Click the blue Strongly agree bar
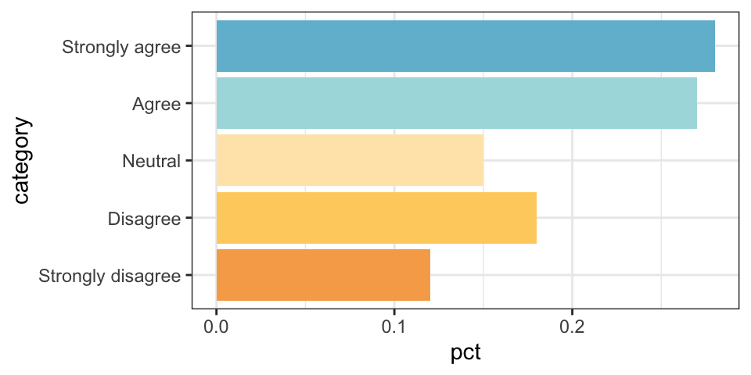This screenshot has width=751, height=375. click(x=465, y=46)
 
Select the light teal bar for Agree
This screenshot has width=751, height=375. click(x=456, y=103)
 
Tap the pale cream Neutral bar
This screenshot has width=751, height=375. click(x=350, y=160)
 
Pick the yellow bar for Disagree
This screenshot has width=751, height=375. click(x=376, y=217)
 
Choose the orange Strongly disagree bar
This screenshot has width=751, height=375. click(x=323, y=275)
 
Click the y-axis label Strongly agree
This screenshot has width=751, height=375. click(x=121, y=46)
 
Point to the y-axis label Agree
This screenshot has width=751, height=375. click(x=156, y=103)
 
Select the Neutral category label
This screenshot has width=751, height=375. click(x=152, y=161)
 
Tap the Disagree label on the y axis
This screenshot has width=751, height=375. click(x=145, y=218)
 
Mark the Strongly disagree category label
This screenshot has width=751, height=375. click(x=110, y=275)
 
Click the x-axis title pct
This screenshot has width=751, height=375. click(x=465, y=352)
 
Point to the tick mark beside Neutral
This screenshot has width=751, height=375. click(x=188, y=161)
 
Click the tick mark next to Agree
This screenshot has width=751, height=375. click(x=188, y=103)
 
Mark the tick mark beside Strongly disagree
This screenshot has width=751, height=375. click(x=188, y=275)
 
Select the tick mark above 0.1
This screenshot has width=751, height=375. click(x=394, y=312)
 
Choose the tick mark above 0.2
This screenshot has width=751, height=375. click(x=572, y=312)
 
